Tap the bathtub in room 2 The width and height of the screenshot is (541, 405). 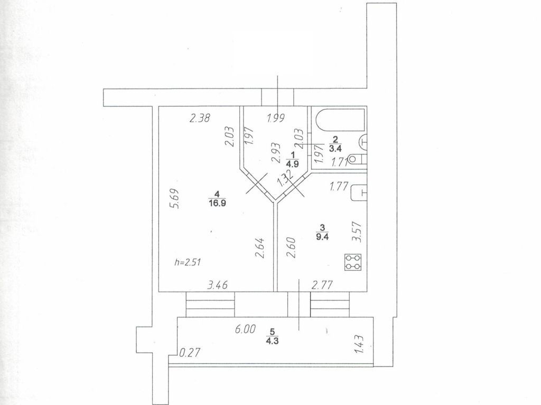pos(338,121)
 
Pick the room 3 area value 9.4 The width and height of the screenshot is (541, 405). pos(321,236)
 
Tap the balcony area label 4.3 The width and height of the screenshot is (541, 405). pos(273,340)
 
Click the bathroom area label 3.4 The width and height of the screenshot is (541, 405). pos(334,148)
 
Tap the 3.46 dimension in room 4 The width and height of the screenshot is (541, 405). pos(218,285)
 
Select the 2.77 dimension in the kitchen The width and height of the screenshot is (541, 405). pos(322,285)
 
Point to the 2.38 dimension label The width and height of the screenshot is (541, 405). pos(200,119)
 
